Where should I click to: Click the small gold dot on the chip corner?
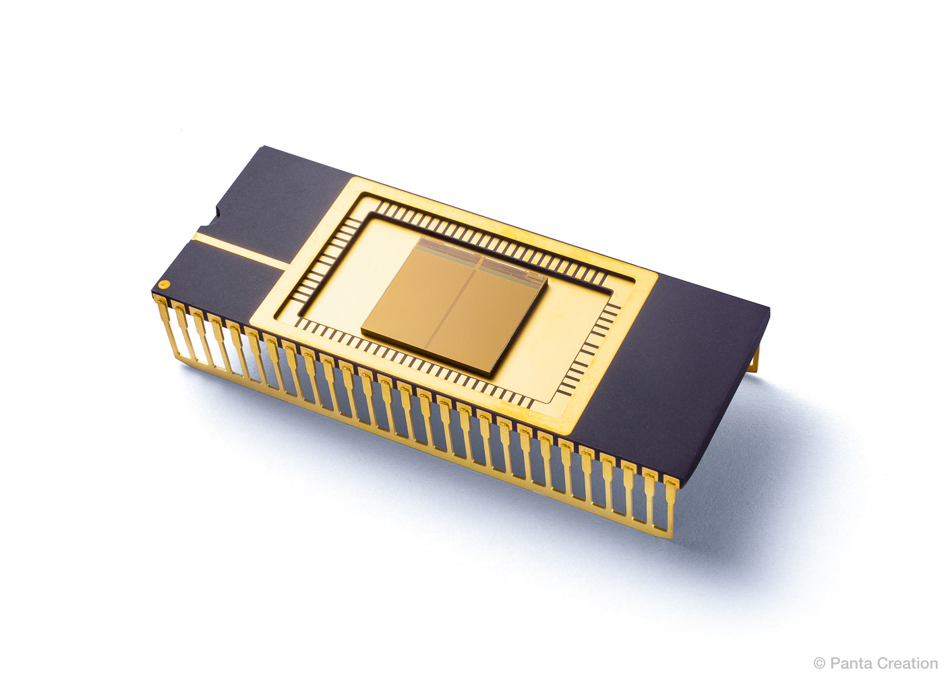[x=164, y=284]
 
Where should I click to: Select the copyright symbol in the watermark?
[x=820, y=663]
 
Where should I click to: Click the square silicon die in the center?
[x=454, y=304]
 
